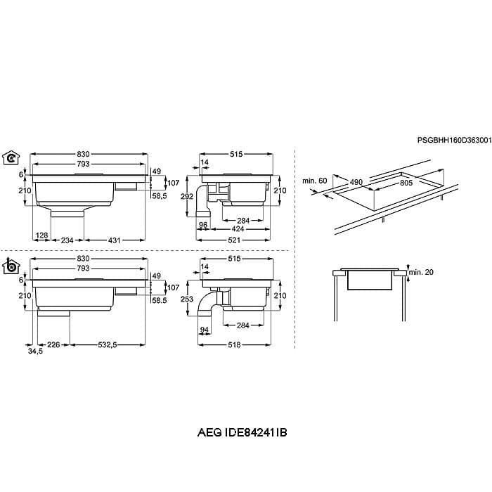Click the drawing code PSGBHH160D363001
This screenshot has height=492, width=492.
point(454,141)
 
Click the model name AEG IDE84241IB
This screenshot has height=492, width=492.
point(242,433)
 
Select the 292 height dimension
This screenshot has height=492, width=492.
point(187,196)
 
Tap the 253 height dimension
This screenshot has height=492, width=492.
point(187,299)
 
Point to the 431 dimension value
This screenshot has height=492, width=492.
point(114,240)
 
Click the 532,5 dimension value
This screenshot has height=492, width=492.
point(108,345)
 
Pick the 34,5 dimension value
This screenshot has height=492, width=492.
point(35,351)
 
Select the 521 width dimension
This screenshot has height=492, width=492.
point(234,240)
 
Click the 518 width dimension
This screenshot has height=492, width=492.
point(234,345)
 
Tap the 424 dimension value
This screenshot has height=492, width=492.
point(238,229)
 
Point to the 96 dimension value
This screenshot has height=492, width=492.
point(203,225)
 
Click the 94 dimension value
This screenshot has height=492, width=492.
point(205,330)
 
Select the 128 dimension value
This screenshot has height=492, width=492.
point(41,235)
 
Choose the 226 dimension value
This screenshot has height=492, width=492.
point(53,345)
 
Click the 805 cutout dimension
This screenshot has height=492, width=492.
point(406,183)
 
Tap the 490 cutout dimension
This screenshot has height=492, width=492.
point(356,182)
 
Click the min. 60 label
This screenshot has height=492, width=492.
point(314,181)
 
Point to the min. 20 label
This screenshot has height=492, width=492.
point(421,272)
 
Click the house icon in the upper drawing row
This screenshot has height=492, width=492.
point(11,158)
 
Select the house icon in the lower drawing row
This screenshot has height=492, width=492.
point(11,267)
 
